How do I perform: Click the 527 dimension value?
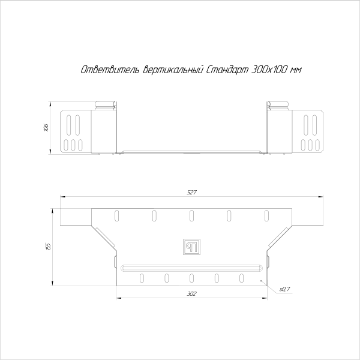(x=191, y=192)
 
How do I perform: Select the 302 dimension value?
(x=191, y=294)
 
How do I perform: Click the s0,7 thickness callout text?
(x=284, y=290)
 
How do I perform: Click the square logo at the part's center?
(x=191, y=245)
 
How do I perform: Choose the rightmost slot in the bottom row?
(x=242, y=277)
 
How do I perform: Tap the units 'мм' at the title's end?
(x=295, y=70)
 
